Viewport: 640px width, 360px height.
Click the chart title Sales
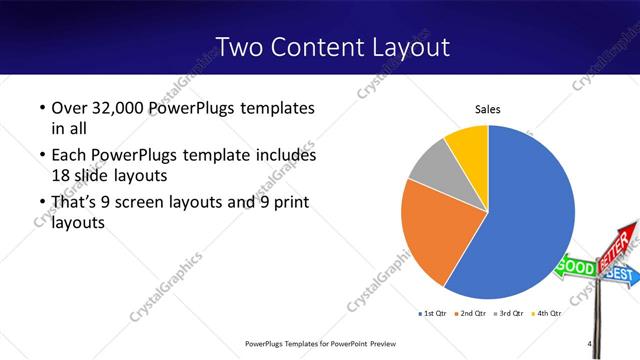(x=487, y=110)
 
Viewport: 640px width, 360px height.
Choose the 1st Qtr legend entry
(x=433, y=313)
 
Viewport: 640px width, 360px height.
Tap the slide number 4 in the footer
(x=591, y=345)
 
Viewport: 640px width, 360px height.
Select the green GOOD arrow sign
(x=575, y=267)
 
